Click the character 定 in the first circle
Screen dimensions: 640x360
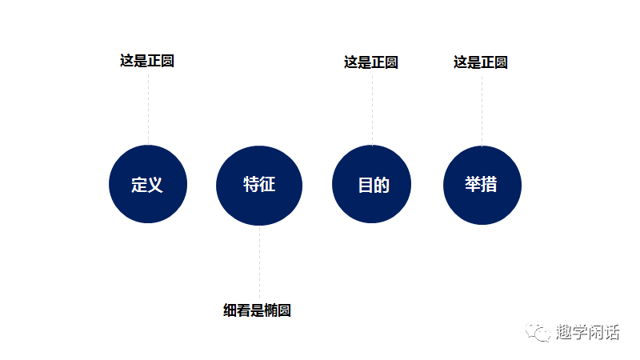(x=139, y=185)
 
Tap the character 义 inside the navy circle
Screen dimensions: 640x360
(x=155, y=185)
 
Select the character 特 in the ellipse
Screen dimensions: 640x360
(x=251, y=184)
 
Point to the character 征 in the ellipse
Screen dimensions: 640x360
(x=267, y=184)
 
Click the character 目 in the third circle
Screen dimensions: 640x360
(x=365, y=185)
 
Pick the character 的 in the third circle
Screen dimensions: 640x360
(x=381, y=185)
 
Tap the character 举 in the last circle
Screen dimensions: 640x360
(x=473, y=184)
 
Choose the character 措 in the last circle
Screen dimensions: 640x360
(x=489, y=184)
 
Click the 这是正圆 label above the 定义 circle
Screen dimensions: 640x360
(x=147, y=61)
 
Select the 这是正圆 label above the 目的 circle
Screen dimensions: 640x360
(x=371, y=62)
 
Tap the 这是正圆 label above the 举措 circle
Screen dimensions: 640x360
(x=481, y=62)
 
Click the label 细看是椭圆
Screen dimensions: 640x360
(x=257, y=310)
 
